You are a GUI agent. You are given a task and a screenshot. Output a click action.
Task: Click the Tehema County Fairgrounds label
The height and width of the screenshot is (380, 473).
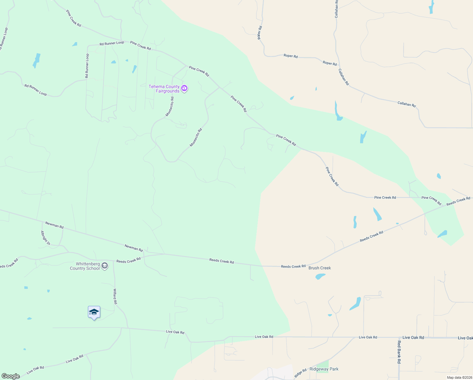164,89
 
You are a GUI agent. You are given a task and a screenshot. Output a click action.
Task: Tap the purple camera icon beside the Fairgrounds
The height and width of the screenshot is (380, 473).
184,88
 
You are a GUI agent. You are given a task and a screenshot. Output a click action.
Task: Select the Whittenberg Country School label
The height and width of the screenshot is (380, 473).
85,266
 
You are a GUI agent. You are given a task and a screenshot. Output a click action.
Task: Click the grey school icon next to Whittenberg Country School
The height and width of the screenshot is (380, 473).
105,266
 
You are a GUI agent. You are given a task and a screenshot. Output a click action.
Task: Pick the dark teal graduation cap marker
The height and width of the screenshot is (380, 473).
94,312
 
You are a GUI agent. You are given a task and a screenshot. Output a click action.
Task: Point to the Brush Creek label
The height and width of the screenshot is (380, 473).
319,268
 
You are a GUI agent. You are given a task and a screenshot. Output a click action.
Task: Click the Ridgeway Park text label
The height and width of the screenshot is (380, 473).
324,369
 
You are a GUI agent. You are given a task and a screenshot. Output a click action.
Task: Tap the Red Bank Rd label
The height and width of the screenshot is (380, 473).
399,352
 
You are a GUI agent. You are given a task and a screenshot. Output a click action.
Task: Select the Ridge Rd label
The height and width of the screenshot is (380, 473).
300,373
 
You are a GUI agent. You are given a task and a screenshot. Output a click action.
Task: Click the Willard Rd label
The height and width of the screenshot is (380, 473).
115,296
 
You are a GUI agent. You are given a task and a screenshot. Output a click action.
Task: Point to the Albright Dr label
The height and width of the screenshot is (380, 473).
45,238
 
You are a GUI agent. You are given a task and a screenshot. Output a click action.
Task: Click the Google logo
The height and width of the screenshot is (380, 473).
11,376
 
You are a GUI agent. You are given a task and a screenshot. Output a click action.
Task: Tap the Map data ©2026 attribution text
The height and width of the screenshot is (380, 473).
459,377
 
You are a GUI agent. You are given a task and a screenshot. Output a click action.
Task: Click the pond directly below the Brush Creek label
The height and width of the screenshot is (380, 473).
320,276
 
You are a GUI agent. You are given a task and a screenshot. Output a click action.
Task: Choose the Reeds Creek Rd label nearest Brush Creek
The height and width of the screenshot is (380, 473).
293,266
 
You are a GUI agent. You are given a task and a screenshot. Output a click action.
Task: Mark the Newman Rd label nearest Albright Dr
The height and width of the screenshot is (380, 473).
54,225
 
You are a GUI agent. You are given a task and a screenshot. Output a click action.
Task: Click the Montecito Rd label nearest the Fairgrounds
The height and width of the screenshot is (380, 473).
170,106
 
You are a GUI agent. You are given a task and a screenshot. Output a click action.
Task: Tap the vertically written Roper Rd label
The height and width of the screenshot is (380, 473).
260,33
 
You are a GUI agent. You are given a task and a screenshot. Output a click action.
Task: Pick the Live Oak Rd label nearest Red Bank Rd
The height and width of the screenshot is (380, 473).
413,338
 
